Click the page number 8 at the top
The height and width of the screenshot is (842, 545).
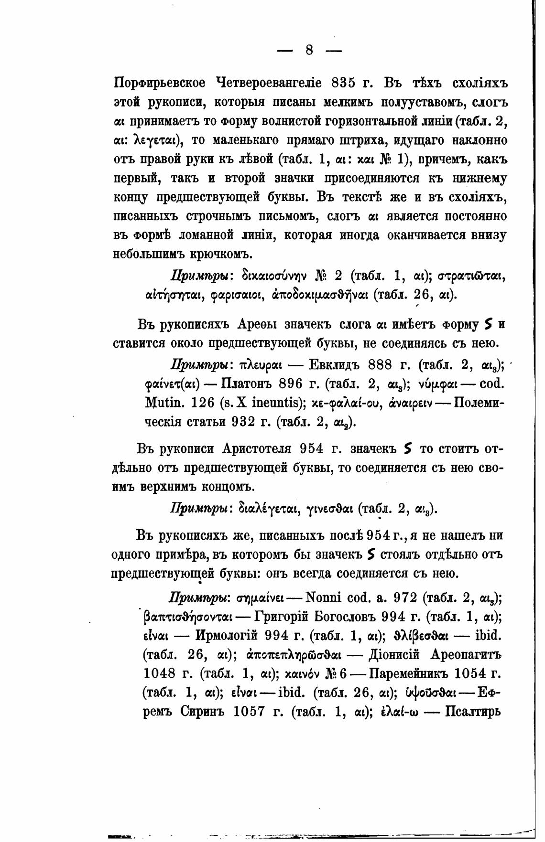coord(309,49)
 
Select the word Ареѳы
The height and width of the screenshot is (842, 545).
coord(260,325)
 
